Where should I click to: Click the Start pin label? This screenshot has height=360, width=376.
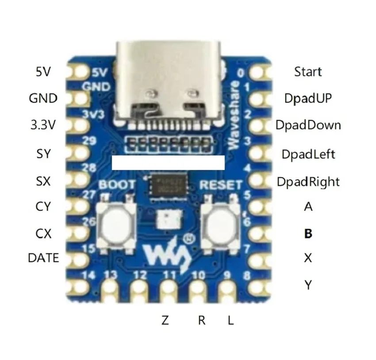pos(308,71)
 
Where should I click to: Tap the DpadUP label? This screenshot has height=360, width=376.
pos(308,98)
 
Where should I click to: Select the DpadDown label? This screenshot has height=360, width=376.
pos(308,125)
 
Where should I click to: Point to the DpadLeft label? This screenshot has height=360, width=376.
pos(308,155)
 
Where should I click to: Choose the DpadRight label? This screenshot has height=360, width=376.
pos(308,182)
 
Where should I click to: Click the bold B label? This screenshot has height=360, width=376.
pos(308,233)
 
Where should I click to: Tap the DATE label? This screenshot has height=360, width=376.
pos(43,258)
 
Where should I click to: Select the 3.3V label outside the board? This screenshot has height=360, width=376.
pos(43,125)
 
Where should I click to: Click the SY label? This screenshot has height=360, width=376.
pos(43,154)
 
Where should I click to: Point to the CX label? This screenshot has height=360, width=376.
pos(43,233)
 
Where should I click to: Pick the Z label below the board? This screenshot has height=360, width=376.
pos(165,320)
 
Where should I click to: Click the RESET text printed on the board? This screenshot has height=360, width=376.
pos(221,185)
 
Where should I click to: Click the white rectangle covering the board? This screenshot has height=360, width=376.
pos(168,162)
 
